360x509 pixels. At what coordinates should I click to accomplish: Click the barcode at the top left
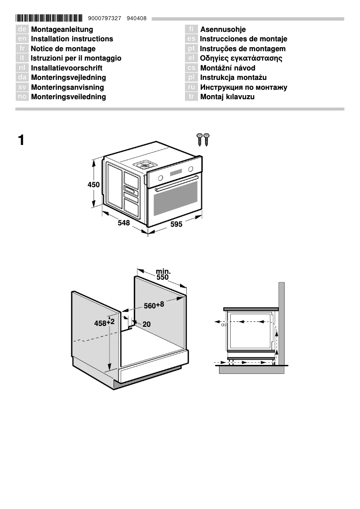click(49, 18)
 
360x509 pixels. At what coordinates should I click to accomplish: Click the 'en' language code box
click(22, 39)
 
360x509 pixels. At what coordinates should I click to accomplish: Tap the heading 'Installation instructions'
click(72, 39)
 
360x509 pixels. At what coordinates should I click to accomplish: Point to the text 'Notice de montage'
click(63, 48)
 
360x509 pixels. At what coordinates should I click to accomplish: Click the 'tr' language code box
click(191, 97)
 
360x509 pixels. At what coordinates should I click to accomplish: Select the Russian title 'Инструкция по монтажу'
click(243, 88)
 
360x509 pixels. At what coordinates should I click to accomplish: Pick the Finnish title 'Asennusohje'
click(223, 30)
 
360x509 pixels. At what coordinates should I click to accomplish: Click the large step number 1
click(21, 140)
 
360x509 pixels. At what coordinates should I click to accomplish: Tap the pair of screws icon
click(203, 139)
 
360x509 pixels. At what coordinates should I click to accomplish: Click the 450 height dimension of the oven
click(93, 184)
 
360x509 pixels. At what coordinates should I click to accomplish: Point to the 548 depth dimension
click(123, 223)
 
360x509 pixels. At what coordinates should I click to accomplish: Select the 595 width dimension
click(176, 224)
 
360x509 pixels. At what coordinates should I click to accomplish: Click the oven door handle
click(176, 183)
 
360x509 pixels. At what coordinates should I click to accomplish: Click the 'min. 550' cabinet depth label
click(162, 274)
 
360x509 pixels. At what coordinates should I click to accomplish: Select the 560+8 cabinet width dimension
click(154, 306)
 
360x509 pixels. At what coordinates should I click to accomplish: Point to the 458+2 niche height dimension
click(104, 323)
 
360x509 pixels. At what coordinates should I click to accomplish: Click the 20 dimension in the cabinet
click(146, 324)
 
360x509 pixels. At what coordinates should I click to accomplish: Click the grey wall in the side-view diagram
click(281, 323)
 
